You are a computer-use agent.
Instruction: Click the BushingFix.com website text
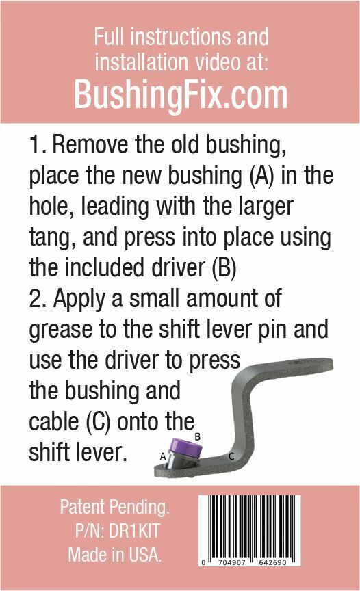point(180,95)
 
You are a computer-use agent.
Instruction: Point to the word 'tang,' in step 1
point(53,238)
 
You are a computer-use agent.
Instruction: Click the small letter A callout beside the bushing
point(163,456)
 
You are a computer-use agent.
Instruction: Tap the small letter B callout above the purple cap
point(198,436)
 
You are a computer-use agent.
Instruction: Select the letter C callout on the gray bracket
point(231,456)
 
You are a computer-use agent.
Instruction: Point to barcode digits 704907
point(232,562)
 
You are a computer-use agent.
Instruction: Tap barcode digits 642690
point(272,562)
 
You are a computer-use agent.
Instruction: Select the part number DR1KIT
point(134,531)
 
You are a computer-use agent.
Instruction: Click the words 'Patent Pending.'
point(115,508)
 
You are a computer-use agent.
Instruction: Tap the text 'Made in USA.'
point(114,555)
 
